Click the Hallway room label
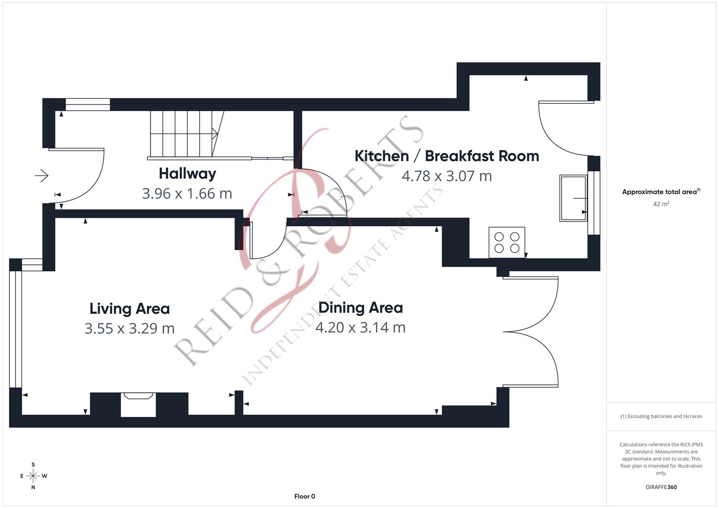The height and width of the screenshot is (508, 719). pos(187,174)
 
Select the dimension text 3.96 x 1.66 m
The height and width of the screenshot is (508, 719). pos(187,193)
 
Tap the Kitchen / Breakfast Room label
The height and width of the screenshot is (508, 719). pos(446,156)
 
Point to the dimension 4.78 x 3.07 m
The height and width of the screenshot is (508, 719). pos(446,176)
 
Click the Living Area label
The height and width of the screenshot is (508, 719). pos(129,309)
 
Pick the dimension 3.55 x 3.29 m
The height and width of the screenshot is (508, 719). pos(129,328)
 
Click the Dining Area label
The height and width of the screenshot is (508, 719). pos(360,308)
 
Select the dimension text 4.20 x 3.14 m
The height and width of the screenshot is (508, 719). pos(360,327)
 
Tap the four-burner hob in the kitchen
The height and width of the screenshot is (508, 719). pos(507,242)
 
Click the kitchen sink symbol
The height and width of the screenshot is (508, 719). pos(573,198)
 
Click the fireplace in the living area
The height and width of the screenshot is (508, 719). pos(138,404)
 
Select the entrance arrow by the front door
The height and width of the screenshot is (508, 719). pos(41,176)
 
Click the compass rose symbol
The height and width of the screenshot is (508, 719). pos(33,476)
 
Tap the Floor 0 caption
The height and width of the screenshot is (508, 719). pos(305,496)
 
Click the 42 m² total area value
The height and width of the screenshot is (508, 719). pos(661,204)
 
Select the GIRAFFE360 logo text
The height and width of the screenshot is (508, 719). pos(661,487)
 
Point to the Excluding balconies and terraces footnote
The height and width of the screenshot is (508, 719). pos(661,416)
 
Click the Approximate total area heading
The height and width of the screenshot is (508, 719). pos(661,192)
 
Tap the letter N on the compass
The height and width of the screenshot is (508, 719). pos(33,487)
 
